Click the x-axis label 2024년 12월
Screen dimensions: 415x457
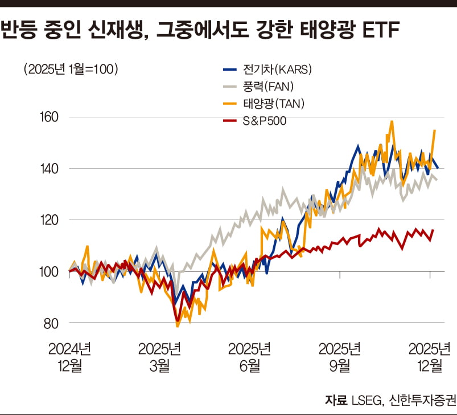pyautogui.click(x=69, y=357)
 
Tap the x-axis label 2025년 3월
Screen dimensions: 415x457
pyautogui.click(x=159, y=357)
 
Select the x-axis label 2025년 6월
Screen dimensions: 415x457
pyautogui.click(x=249, y=357)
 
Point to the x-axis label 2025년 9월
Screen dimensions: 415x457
pyautogui.click(x=340, y=357)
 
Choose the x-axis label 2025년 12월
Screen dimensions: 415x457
pyautogui.click(x=430, y=357)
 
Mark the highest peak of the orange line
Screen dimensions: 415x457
pyautogui.click(x=392, y=121)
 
